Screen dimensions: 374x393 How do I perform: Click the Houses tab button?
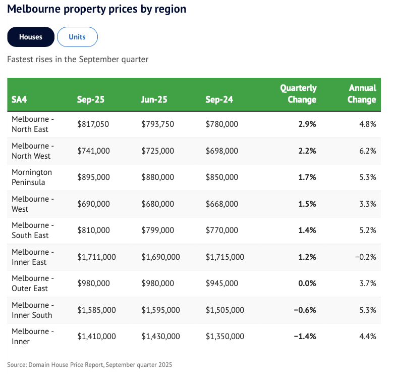(30, 37)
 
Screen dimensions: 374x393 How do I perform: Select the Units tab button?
(77, 37)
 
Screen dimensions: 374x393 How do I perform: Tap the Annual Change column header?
(362, 94)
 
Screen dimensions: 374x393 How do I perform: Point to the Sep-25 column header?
(90, 100)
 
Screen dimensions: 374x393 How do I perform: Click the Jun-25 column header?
(155, 100)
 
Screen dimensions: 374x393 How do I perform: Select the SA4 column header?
(19, 100)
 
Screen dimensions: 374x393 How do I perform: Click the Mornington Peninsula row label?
(32, 177)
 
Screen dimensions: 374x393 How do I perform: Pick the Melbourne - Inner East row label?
(33, 257)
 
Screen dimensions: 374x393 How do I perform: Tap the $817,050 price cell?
(93, 124)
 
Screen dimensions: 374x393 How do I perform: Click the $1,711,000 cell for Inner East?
(96, 257)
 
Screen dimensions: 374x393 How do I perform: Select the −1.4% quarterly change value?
(305, 337)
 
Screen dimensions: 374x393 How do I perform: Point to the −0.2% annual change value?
(365, 257)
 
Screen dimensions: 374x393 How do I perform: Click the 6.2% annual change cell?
(367, 151)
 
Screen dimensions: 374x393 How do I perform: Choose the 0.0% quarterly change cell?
(307, 284)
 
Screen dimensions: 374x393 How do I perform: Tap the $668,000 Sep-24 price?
(221, 204)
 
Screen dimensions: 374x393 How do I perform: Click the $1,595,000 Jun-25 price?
(160, 310)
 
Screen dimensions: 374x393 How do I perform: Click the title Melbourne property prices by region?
(96, 9)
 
